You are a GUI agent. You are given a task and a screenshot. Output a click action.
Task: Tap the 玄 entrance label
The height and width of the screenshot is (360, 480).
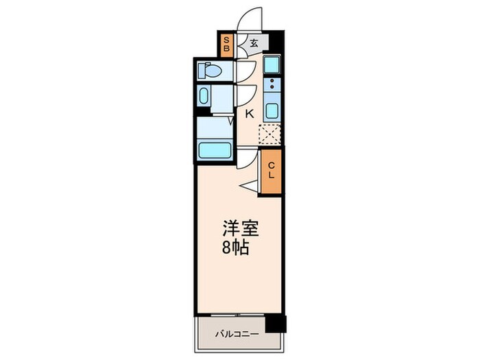click(x=253, y=43)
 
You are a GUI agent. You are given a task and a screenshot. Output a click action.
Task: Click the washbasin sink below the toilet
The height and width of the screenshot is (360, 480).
click(x=205, y=95)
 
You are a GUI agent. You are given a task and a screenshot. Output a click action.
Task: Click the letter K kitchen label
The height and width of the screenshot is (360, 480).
click(x=250, y=115)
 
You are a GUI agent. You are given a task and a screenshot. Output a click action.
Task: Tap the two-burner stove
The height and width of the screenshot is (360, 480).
click(x=272, y=86)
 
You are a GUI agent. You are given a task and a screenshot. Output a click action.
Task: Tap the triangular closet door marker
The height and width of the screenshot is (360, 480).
click(x=249, y=184)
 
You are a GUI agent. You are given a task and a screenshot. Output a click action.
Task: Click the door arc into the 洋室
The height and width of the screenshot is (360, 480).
click(x=246, y=160)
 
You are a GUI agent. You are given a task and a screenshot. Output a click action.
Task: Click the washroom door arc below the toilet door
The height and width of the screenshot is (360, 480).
click(x=245, y=95)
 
